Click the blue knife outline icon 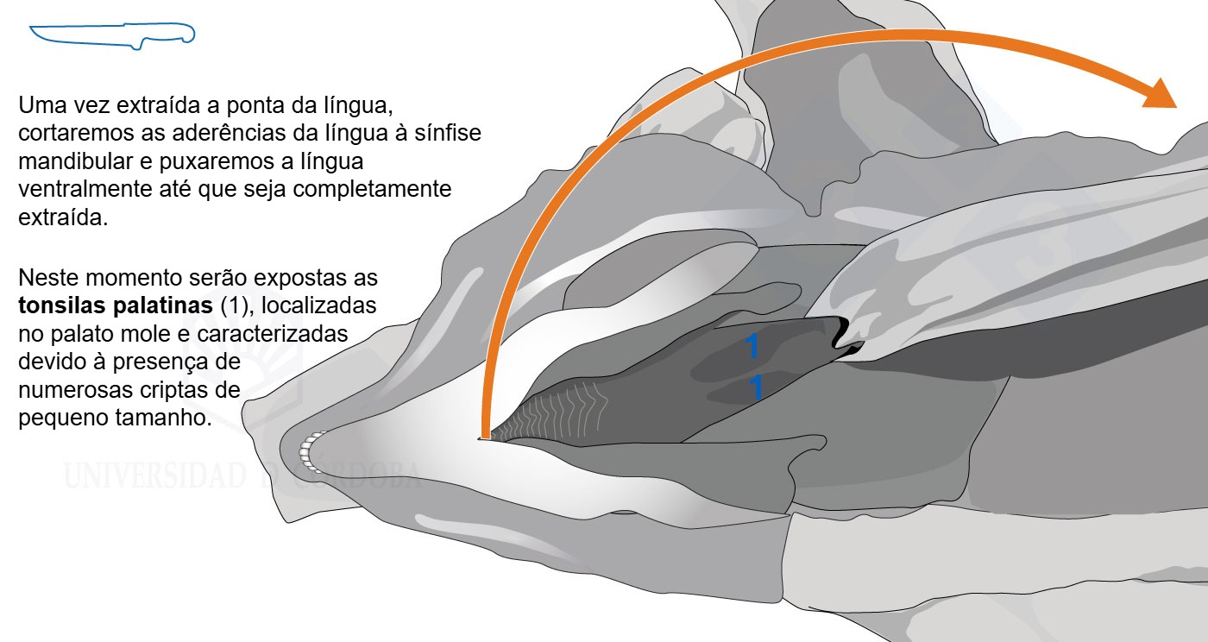pyautogui.click(x=112, y=35)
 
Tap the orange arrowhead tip pyautogui.click(x=1177, y=107)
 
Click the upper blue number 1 pyautogui.click(x=752, y=346)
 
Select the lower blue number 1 pyautogui.click(x=756, y=387)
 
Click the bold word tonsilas pyautogui.click(x=62, y=305)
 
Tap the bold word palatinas pyautogui.click(x=163, y=305)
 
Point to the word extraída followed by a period pyautogui.click(x=63, y=217)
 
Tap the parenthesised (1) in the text pyautogui.click(x=236, y=305)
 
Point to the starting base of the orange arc pyautogui.click(x=486, y=436)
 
